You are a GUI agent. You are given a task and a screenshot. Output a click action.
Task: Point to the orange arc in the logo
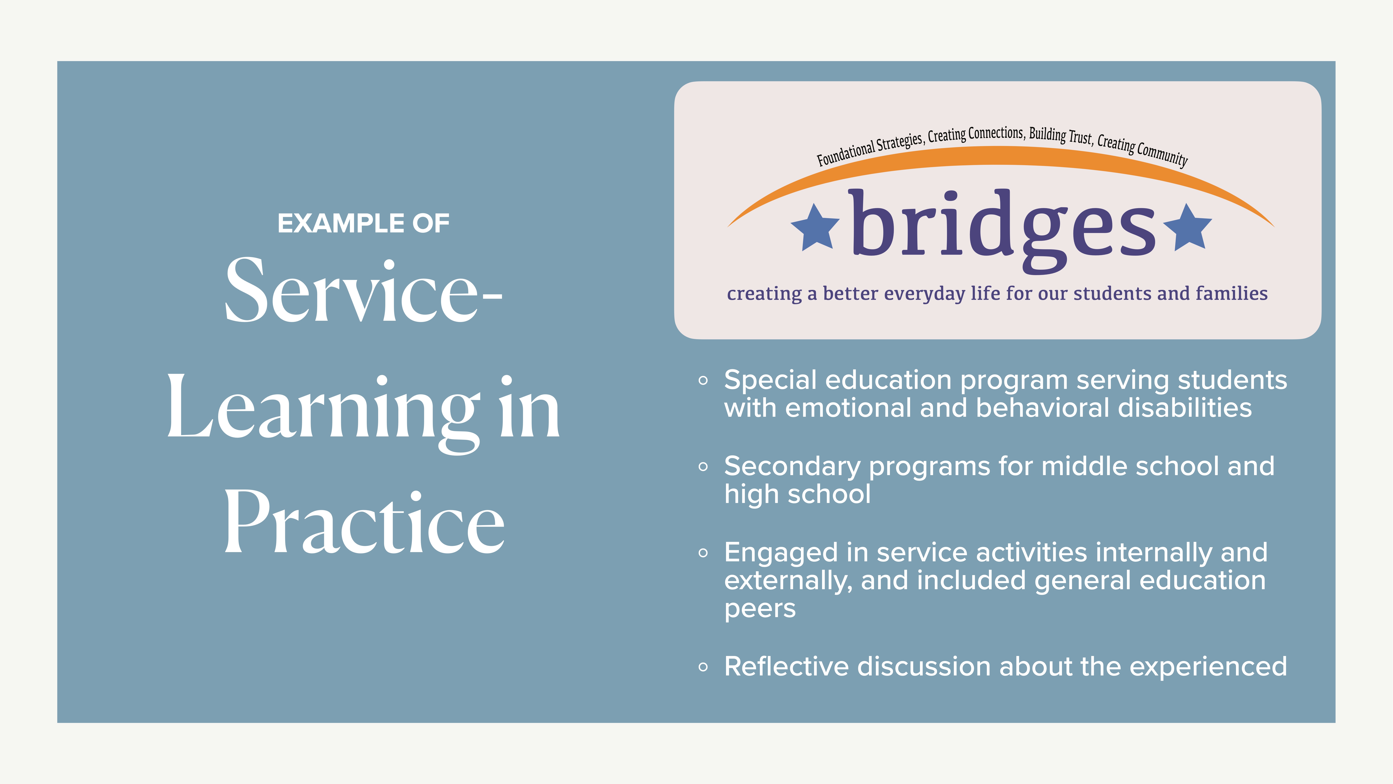pos(1000,156)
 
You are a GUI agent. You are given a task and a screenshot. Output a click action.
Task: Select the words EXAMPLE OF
pos(363,224)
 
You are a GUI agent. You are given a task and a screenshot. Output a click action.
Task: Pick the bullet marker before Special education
pos(703,380)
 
